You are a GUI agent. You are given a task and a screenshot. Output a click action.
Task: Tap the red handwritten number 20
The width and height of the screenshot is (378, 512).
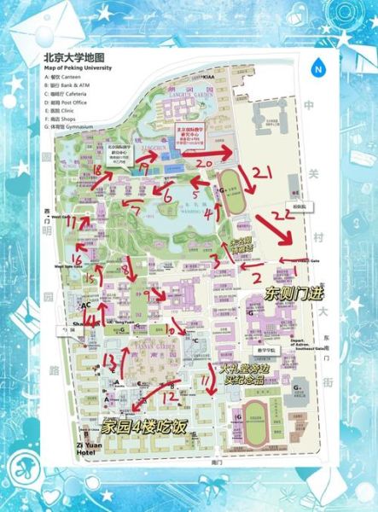(204, 161)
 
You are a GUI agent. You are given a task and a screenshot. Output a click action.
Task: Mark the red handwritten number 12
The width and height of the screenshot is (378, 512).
(169, 396)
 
